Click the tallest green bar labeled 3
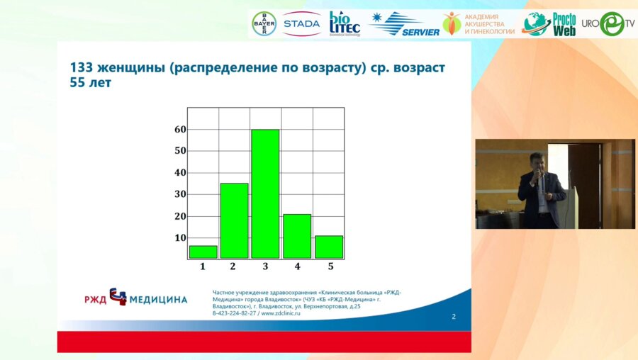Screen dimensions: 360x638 pyautogui.click(x=265, y=193)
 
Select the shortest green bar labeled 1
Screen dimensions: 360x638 pyautogui.click(x=203, y=252)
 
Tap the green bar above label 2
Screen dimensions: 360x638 pyautogui.click(x=234, y=220)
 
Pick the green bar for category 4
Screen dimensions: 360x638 pyautogui.click(x=296, y=236)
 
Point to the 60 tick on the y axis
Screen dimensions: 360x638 pyautogui.click(x=180, y=129)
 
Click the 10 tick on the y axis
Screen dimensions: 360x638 pyautogui.click(x=180, y=238)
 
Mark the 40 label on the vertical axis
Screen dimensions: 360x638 pyautogui.click(x=180, y=173)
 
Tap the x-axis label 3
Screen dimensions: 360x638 pyautogui.click(x=265, y=266)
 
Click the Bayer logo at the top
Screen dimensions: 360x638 pyautogui.click(x=264, y=23)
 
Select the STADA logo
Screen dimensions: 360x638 pyautogui.click(x=301, y=23)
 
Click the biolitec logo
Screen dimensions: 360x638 pyautogui.click(x=344, y=23)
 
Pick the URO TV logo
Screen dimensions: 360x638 pyautogui.click(x=608, y=23)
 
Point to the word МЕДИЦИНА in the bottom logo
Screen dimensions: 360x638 pyautogui.click(x=158, y=300)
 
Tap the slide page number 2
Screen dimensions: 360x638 pyautogui.click(x=454, y=317)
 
